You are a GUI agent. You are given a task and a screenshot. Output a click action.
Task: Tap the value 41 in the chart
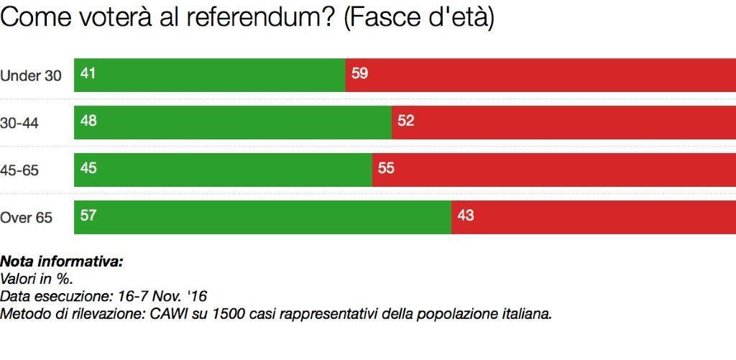(88, 73)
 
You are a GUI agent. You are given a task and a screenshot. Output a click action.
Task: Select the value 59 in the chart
(360, 73)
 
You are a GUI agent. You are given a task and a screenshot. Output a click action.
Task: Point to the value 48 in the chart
(88, 121)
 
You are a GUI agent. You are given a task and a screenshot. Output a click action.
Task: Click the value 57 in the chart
(88, 215)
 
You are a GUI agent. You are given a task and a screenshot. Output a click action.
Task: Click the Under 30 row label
(31, 75)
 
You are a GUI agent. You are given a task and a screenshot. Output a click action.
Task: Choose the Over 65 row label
(27, 218)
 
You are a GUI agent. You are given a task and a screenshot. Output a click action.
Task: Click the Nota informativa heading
(62, 261)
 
